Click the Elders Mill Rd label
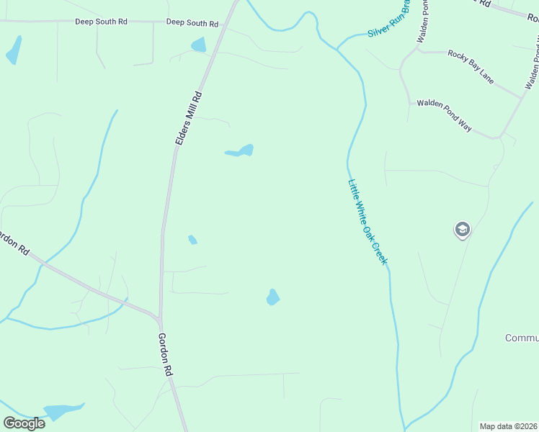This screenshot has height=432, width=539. [x=189, y=119]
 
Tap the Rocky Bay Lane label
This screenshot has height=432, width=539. [x=471, y=67]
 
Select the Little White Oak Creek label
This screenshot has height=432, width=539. [x=367, y=222]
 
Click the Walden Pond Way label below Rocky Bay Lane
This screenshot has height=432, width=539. [x=444, y=116]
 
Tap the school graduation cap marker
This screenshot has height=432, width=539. [x=462, y=230]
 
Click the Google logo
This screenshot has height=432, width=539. [x=24, y=423]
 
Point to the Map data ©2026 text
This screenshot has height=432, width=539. [x=509, y=426]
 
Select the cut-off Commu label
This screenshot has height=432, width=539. [x=522, y=338]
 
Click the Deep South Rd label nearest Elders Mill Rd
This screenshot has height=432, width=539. [x=192, y=24]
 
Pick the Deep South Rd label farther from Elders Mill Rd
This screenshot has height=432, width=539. [x=101, y=22]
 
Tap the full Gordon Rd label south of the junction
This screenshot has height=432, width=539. [x=166, y=353]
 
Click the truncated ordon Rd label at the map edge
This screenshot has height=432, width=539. [x=14, y=243]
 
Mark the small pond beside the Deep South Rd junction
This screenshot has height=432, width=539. [x=198, y=45]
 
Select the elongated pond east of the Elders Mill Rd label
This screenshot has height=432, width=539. [x=240, y=151]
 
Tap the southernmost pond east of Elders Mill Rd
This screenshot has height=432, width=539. [x=272, y=297]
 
